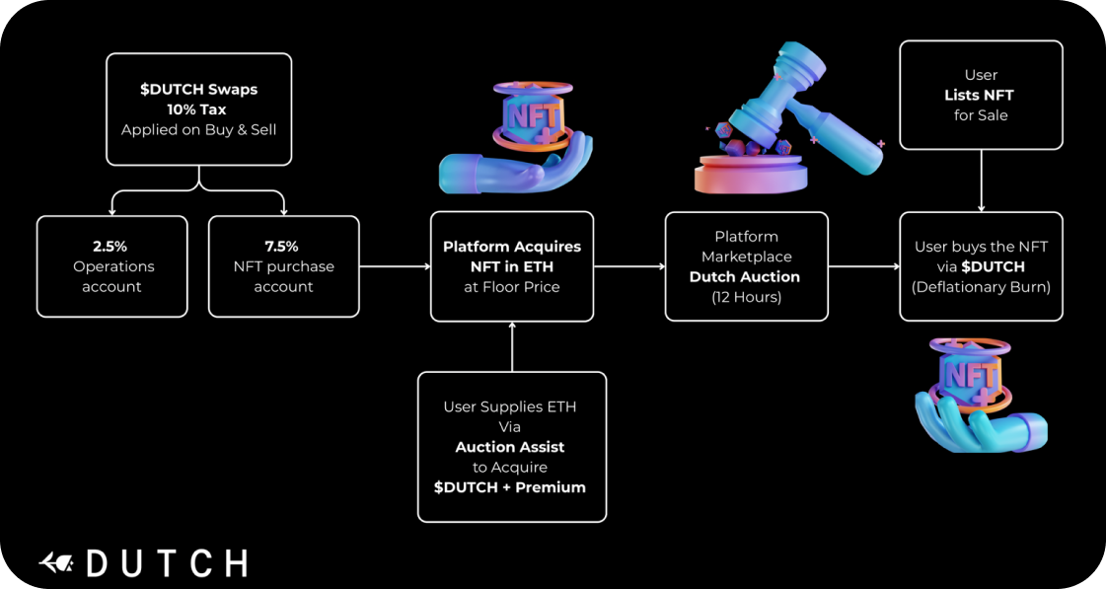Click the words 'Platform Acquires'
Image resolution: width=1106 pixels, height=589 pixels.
511,247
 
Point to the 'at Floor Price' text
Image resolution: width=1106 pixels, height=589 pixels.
511,287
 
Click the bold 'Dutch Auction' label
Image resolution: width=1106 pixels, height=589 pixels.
745,277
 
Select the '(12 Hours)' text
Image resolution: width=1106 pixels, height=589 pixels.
746,297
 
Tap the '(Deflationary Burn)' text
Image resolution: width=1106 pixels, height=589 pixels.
981,287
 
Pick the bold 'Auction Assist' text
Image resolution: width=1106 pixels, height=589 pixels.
510,447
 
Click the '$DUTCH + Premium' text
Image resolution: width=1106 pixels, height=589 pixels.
510,487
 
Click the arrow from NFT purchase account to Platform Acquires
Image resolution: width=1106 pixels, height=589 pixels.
395,266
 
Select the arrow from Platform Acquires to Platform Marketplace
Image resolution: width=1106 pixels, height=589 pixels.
628,266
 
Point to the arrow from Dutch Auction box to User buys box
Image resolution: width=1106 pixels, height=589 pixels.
863,266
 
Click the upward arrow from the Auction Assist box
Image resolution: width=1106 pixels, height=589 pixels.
512,346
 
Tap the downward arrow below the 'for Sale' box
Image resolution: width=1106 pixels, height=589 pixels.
981,182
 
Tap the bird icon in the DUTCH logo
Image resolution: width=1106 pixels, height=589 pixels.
57,563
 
